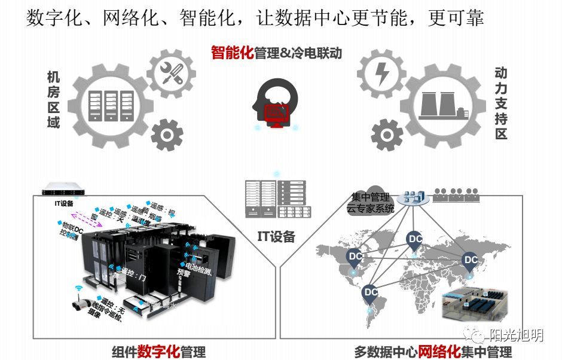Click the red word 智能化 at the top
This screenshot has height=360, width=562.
pos(232,53)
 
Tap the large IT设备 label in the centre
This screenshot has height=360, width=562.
pos(276,236)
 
